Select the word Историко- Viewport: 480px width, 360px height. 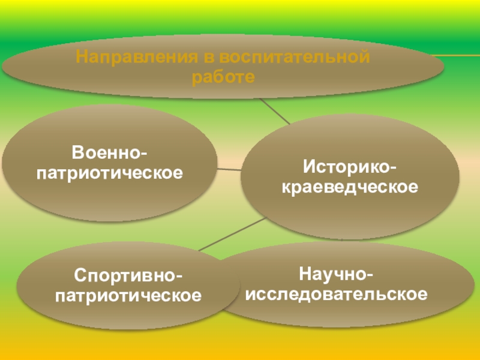point(350,164)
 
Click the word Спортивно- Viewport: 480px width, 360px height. point(129,276)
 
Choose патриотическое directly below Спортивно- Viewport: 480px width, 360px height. point(129,296)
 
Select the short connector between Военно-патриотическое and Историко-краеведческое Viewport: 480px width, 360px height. point(229,169)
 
